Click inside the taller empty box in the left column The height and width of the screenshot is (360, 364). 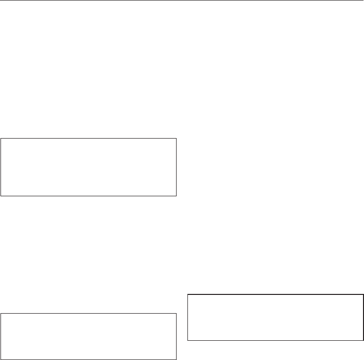click(89, 167)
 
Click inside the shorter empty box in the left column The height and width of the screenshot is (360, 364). click(89, 336)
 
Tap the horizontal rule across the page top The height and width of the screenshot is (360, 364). click(182, 0)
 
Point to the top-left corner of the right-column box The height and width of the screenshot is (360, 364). click(188, 295)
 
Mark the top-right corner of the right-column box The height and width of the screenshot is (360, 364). click(363, 295)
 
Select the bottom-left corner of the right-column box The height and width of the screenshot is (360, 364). click(188, 340)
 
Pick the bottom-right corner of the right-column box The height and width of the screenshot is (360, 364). click(363, 340)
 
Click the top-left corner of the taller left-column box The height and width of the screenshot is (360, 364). click(1, 139)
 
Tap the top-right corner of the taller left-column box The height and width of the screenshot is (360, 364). click(176, 139)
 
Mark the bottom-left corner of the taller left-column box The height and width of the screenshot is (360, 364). click(1, 196)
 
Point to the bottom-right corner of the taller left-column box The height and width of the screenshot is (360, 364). click(176, 196)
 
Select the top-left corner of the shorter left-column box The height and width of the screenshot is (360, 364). click(1, 313)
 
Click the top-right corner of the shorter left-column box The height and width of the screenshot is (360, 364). click(176, 313)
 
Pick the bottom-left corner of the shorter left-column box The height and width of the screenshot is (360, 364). click(1, 359)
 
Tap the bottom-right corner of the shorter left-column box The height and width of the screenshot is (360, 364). click(176, 359)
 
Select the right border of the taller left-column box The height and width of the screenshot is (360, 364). click(176, 167)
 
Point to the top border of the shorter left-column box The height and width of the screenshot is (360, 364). click(89, 313)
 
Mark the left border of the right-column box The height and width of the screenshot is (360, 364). click(188, 318)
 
